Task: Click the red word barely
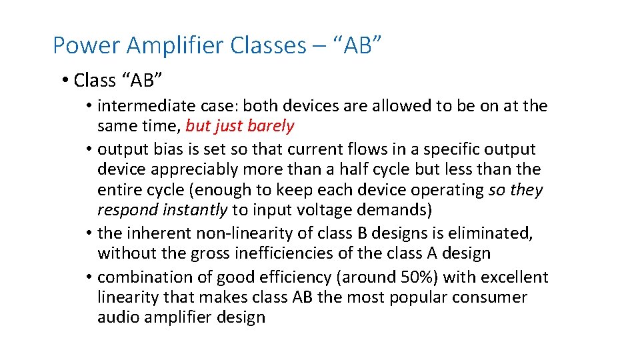coord(271,125)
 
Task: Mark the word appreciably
coord(199,169)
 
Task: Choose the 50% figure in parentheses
coord(418,277)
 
